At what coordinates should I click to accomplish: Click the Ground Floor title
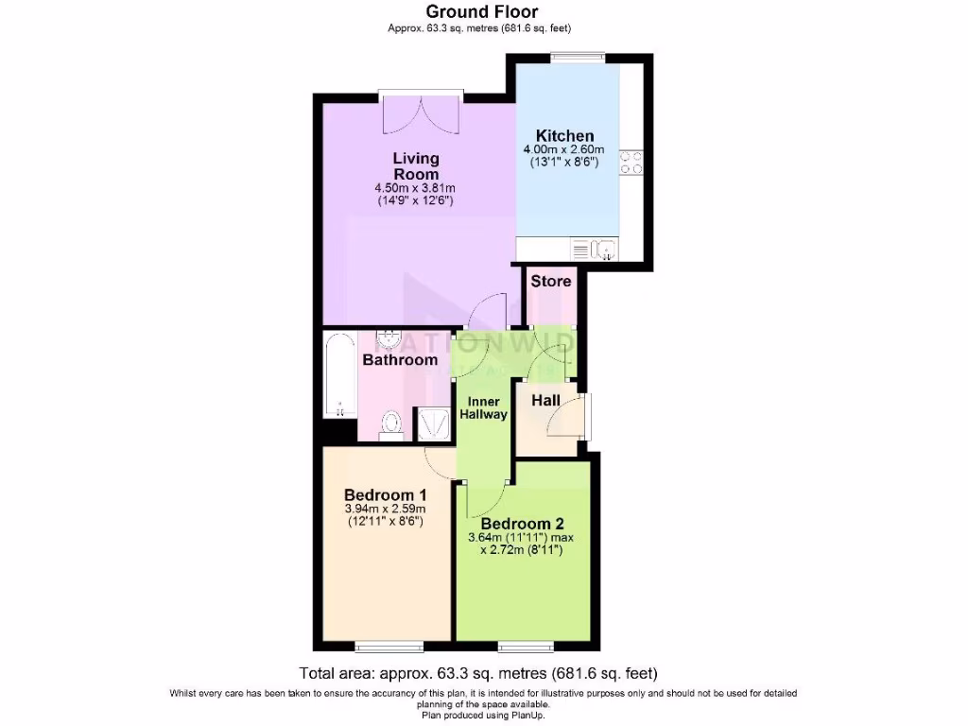(482, 12)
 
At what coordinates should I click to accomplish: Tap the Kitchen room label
(565, 135)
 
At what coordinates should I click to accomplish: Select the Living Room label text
(416, 166)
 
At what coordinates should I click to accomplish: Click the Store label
(550, 281)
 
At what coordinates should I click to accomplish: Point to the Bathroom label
(401, 360)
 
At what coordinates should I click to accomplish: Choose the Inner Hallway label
(483, 408)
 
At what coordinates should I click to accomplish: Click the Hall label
(545, 401)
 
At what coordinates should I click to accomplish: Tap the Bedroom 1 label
(386, 494)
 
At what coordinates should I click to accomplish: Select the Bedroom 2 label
(523, 524)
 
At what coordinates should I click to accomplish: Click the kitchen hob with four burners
(631, 163)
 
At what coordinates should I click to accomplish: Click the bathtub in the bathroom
(338, 375)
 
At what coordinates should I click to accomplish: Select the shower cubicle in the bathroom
(435, 423)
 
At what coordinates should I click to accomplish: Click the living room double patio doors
(422, 112)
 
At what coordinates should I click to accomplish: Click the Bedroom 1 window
(383, 648)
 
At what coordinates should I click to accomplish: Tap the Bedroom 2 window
(526, 648)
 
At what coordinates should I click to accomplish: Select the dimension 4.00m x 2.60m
(565, 149)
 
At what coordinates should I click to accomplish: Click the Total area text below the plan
(477, 674)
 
